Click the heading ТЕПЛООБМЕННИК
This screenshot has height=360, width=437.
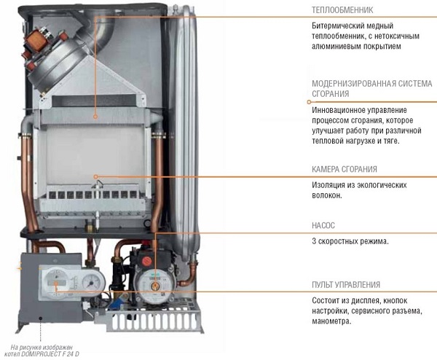click(342, 10)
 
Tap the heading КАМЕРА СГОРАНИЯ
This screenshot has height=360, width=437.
click(345, 169)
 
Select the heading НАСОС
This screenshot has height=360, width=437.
click(323, 225)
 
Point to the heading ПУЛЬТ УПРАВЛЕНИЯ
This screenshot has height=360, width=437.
click(346, 285)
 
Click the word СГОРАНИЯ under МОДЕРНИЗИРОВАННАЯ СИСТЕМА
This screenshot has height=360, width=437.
click(330, 94)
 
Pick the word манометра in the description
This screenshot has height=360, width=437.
click(331, 321)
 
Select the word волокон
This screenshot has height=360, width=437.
click(326, 195)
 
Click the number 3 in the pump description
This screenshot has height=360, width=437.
click(314, 241)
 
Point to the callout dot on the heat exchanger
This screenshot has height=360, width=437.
click(95, 117)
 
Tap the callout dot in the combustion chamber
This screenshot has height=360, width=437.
click(95, 176)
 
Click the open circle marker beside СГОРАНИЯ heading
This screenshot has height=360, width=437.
click(309, 102)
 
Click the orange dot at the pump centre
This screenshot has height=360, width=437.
click(155, 286)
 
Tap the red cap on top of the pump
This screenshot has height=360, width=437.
click(146, 262)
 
